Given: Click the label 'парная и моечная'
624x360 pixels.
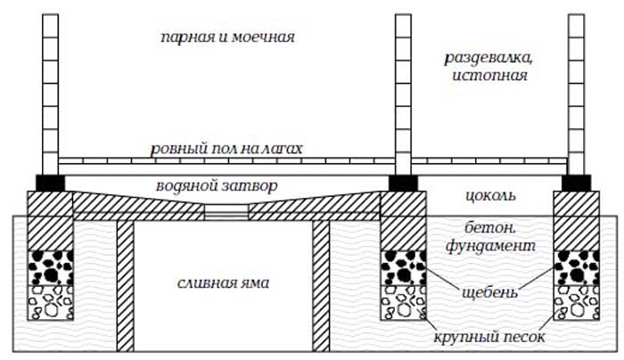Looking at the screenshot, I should click(x=226, y=38).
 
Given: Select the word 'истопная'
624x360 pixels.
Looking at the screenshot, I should click(x=489, y=77).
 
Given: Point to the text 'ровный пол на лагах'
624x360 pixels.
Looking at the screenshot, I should click(x=226, y=148).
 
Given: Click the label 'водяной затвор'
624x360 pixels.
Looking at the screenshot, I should click(x=227, y=186).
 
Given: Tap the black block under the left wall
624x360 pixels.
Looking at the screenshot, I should click(x=50, y=182).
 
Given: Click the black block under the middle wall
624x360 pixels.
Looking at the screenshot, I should click(x=403, y=182).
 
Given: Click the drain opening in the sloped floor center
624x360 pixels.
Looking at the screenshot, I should click(x=226, y=215).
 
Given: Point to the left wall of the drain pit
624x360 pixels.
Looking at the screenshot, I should click(x=125, y=285).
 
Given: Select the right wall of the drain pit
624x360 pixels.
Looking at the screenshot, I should click(x=321, y=285).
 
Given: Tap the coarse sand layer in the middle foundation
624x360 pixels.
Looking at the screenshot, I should click(x=403, y=303).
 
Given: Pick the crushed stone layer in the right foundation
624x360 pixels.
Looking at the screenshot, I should click(x=575, y=266).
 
